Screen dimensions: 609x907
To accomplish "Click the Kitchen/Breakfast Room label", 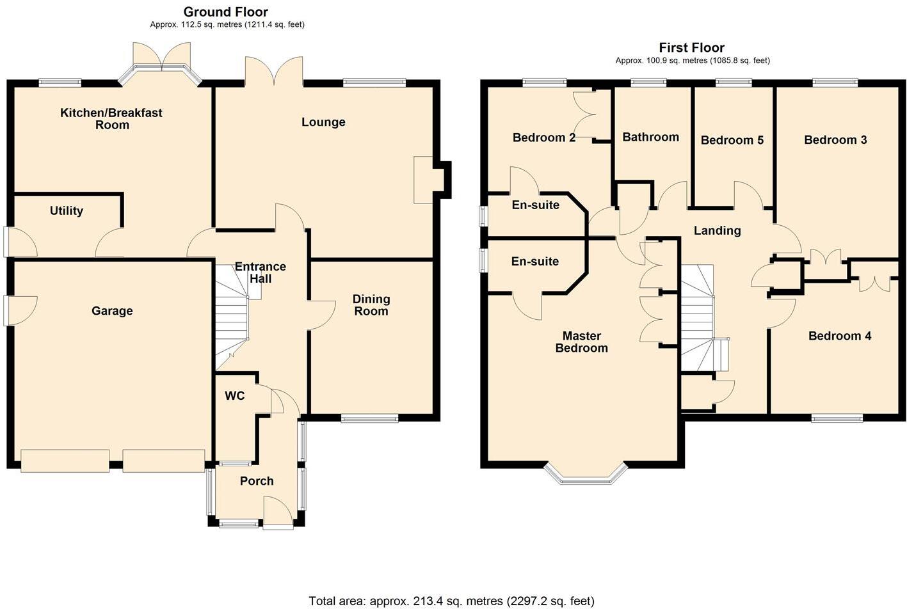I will [111, 119].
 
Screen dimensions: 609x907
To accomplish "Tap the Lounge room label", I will [323, 122].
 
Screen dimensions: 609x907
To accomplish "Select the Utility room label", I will [67, 210].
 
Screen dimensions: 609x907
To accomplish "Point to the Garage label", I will [112, 311].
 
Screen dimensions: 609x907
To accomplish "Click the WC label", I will [234, 396].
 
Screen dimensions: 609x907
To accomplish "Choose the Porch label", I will [257, 481].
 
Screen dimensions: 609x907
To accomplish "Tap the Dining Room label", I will [371, 305].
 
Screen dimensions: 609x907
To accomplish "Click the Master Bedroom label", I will [581, 342].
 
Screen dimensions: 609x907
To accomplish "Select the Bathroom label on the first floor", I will [650, 137].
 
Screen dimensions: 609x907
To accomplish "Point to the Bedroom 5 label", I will [732, 140].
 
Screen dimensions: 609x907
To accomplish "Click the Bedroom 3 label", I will [835, 140].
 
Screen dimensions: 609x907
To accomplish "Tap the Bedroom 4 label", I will [839, 336].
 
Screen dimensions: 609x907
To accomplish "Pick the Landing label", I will [717, 231].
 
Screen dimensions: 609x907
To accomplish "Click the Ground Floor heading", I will [225, 12].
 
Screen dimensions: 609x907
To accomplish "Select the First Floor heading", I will [691, 47].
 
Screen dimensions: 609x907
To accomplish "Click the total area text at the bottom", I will [451, 601].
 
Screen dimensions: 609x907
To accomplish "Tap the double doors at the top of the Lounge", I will [274, 71].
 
